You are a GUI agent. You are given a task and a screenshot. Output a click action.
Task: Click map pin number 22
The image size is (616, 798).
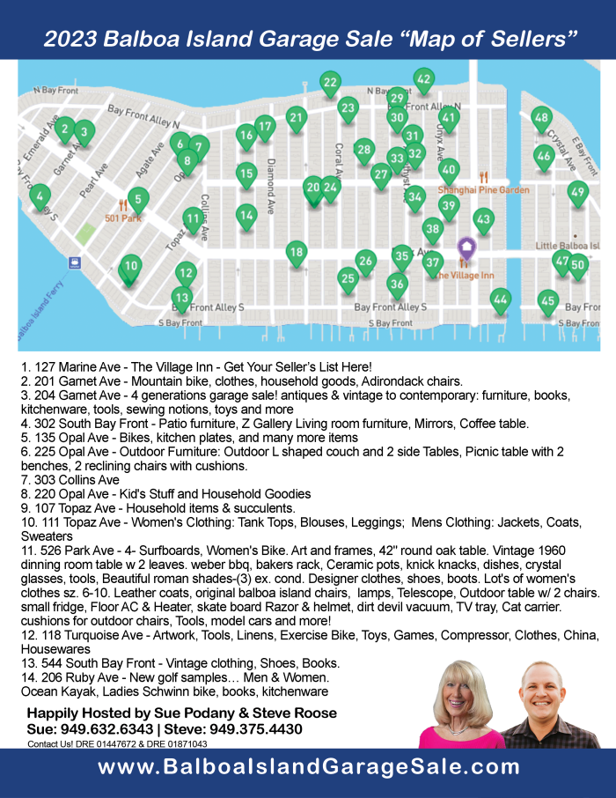click(330, 84)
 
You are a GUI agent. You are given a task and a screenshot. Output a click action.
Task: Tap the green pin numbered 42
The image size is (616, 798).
click(423, 79)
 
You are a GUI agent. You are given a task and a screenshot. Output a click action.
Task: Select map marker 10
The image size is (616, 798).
click(130, 266)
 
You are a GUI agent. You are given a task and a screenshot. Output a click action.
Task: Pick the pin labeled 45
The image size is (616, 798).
click(547, 301)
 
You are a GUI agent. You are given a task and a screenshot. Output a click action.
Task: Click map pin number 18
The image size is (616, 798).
click(297, 253)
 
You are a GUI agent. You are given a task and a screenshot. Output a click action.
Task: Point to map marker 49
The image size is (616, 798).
click(577, 192)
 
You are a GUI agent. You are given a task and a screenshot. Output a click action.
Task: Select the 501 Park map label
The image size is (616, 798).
click(122, 218)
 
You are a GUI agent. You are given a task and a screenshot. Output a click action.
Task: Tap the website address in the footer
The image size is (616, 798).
click(308, 767)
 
